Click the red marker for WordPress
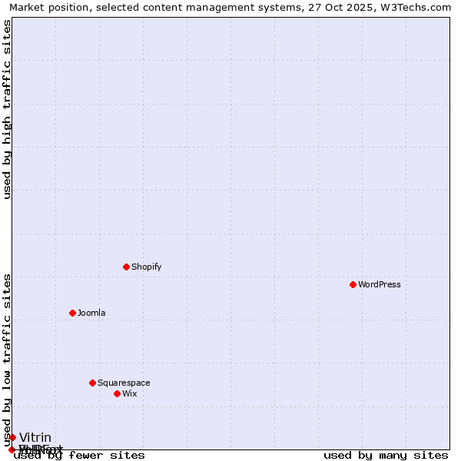coord(353,284)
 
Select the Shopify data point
coord(126,267)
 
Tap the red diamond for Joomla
coord(72,313)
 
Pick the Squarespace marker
coord(92,383)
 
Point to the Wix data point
coord(117,393)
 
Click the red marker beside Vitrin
coord(12,437)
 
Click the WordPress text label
coord(380,284)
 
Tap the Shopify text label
coord(146,267)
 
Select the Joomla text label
coord(91,313)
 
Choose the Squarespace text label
coord(124,383)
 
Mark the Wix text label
coord(129,393)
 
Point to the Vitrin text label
coord(35,437)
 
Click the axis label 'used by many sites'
coord(386,456)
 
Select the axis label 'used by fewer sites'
coord(79,456)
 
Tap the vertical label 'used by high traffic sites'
coord(8,109)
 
